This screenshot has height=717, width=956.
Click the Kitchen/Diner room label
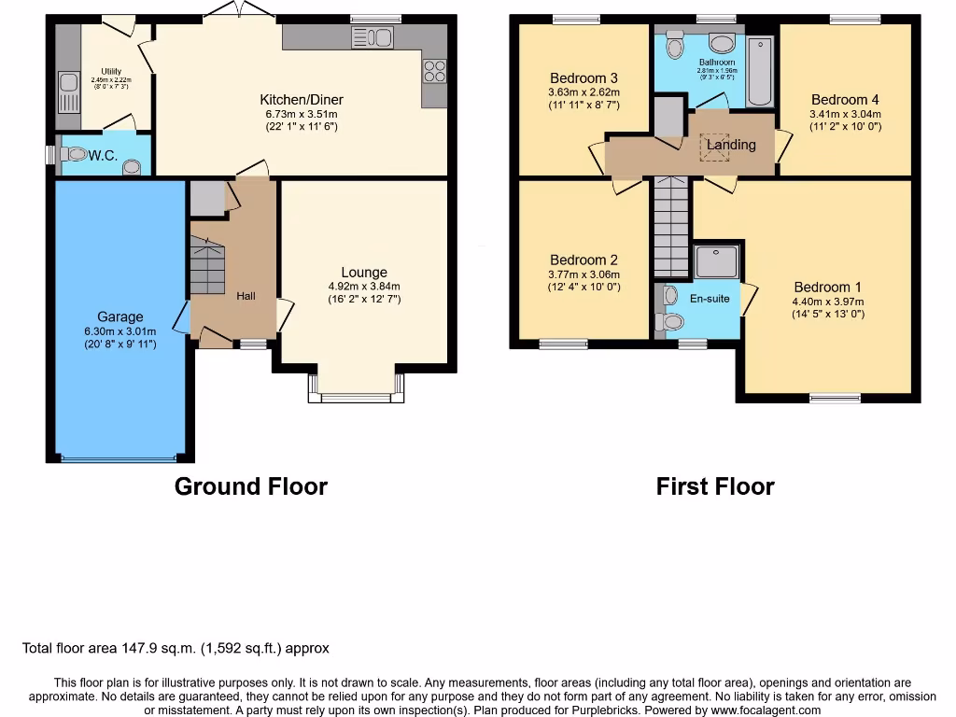(x=301, y=100)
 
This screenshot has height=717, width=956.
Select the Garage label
(x=119, y=316)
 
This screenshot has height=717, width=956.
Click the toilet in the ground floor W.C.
(x=77, y=154)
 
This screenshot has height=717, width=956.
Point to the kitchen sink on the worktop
(x=373, y=38)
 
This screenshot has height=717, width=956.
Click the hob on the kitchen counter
(x=434, y=71)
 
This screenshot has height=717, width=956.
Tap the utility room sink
(x=68, y=91)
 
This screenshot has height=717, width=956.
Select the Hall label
(x=246, y=296)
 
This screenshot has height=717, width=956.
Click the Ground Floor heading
(x=251, y=486)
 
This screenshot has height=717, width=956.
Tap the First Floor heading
(x=715, y=486)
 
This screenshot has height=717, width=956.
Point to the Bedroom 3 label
(x=583, y=78)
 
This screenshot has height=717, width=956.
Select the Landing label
(x=731, y=145)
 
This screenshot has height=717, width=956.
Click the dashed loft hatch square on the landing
(x=715, y=148)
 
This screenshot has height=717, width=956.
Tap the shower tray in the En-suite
(x=716, y=261)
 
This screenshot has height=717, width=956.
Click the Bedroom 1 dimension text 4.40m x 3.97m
(x=828, y=302)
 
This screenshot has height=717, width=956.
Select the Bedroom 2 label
(x=583, y=260)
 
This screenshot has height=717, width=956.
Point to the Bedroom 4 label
(x=845, y=100)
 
